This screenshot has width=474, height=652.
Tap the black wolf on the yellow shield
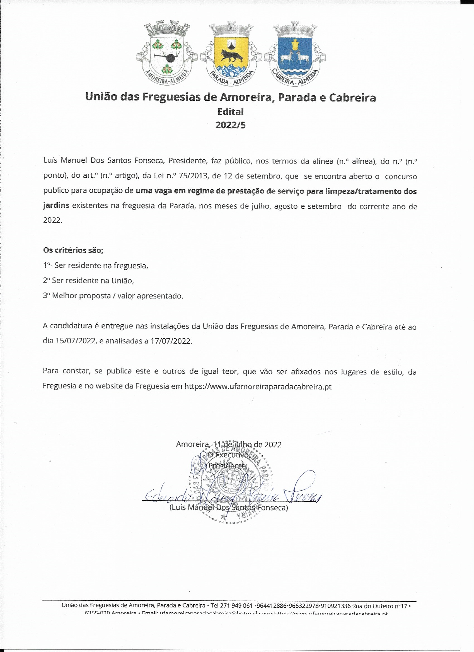231,56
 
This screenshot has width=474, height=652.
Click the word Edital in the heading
231,112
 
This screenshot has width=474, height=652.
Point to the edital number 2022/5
231,125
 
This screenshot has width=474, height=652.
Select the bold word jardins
56,205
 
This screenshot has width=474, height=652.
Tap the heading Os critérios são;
73,250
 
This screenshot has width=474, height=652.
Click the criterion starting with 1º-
95,265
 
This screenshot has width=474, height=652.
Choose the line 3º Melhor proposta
113,296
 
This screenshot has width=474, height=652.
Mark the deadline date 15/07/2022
75,341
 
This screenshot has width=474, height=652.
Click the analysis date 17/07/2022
171,341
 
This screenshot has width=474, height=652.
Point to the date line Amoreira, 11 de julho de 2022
229,444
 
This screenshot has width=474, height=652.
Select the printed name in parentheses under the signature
229,507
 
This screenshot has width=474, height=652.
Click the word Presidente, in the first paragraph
188,160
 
